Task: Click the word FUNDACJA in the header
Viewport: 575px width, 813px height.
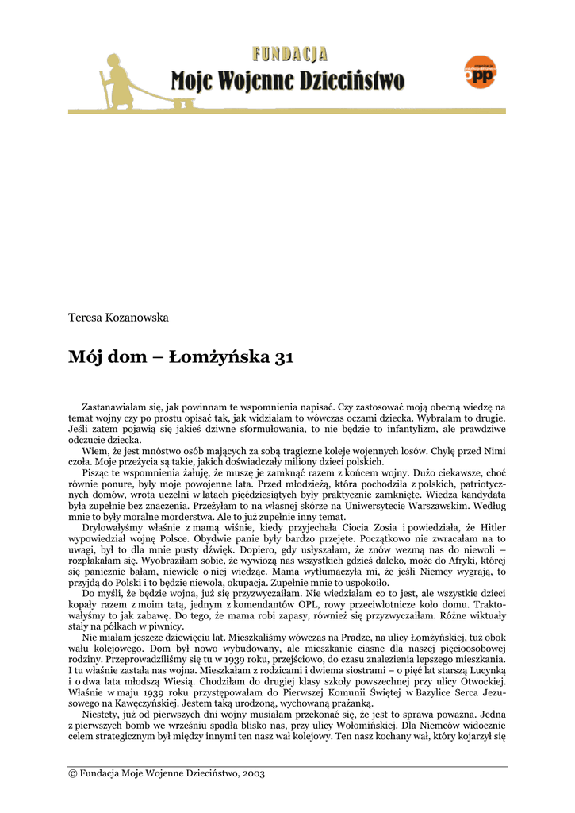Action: coord(289,54)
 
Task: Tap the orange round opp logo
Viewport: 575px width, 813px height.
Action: coord(480,73)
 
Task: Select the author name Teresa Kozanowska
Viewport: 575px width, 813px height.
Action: coord(119,318)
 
